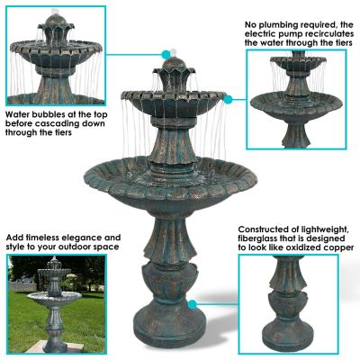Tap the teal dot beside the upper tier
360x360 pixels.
tap(229, 98)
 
